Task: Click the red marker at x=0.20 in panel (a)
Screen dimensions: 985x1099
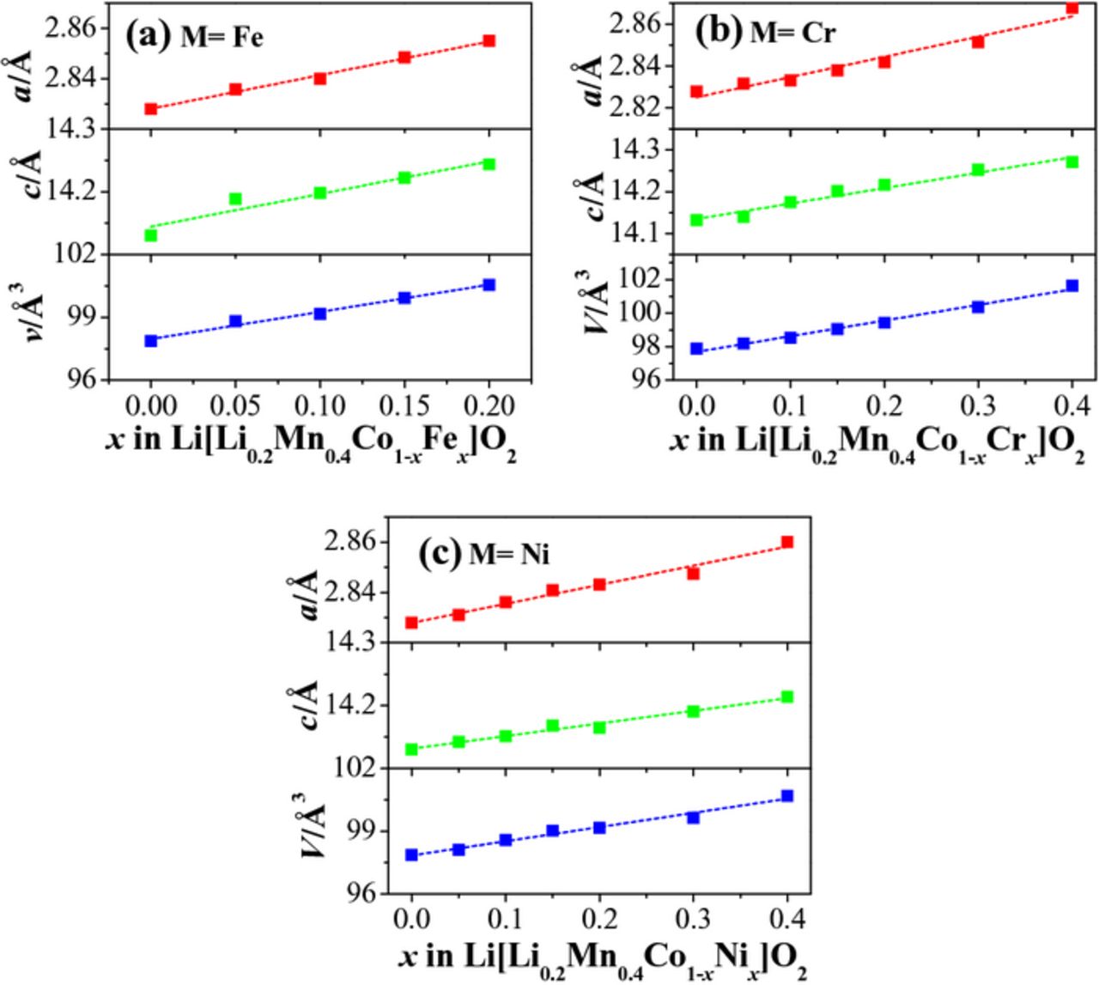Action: (x=489, y=40)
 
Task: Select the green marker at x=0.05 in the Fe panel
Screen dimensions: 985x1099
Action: (x=235, y=199)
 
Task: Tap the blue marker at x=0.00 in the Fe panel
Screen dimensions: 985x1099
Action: (x=151, y=341)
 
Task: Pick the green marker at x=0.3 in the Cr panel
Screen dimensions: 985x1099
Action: (x=977, y=170)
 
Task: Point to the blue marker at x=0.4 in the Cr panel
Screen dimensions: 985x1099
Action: (x=1072, y=286)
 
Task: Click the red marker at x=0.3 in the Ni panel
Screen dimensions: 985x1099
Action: (x=693, y=573)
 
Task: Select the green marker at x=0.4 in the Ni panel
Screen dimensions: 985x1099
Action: (x=786, y=697)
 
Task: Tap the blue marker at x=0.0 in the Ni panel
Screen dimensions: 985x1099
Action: (x=411, y=854)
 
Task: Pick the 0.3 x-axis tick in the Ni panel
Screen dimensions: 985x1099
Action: (x=693, y=918)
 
